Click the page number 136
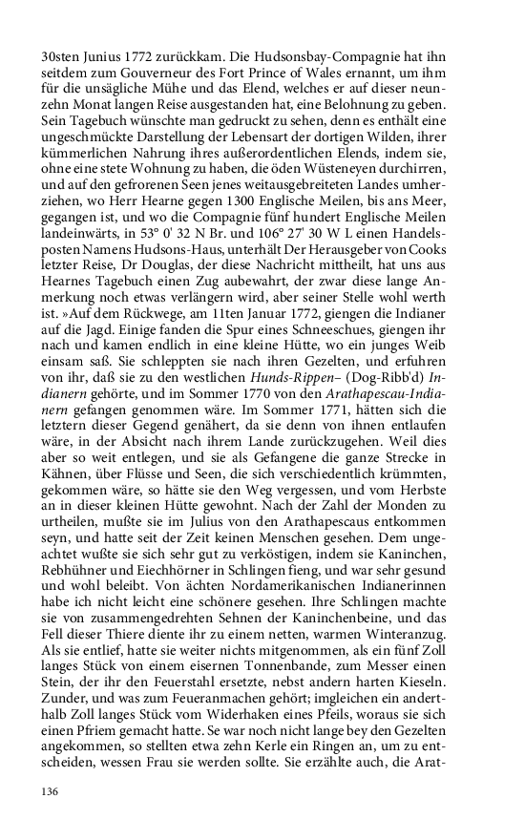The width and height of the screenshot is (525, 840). [51, 792]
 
